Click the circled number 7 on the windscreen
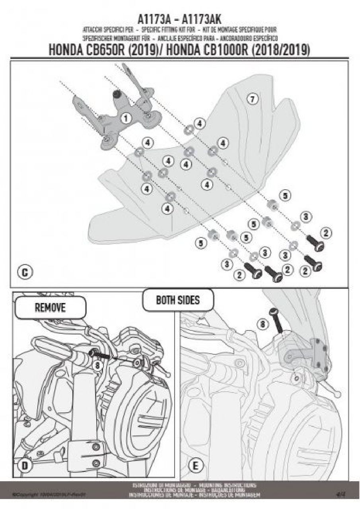click(x=252, y=99)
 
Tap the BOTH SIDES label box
click(x=178, y=300)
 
